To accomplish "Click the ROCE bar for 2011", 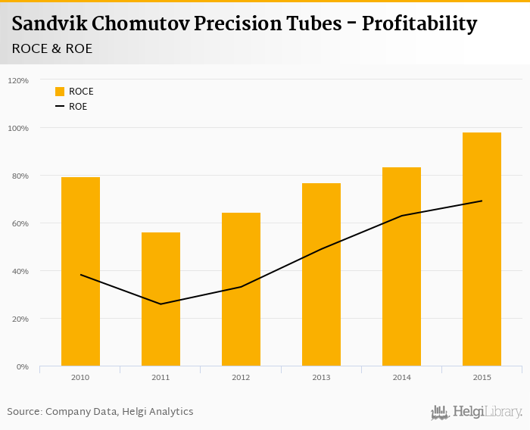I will coord(161,299).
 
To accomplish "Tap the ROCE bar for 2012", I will coord(241,289).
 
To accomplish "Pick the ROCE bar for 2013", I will coord(321,274).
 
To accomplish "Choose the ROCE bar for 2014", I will coord(401,266).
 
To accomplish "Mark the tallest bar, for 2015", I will coord(482,249).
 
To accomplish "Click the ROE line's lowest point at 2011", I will coord(161,304).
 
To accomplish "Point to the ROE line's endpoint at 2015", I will coord(482,201).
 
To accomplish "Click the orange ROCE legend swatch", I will coord(60,92).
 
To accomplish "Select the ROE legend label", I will coord(78,107).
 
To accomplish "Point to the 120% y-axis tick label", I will coord(18,80).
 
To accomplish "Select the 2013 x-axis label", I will coord(321,377).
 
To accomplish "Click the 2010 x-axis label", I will coord(80,377).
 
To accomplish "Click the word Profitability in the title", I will coord(419,24).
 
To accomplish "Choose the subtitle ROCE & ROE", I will coord(52,48).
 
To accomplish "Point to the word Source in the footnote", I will coord(23,412).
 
